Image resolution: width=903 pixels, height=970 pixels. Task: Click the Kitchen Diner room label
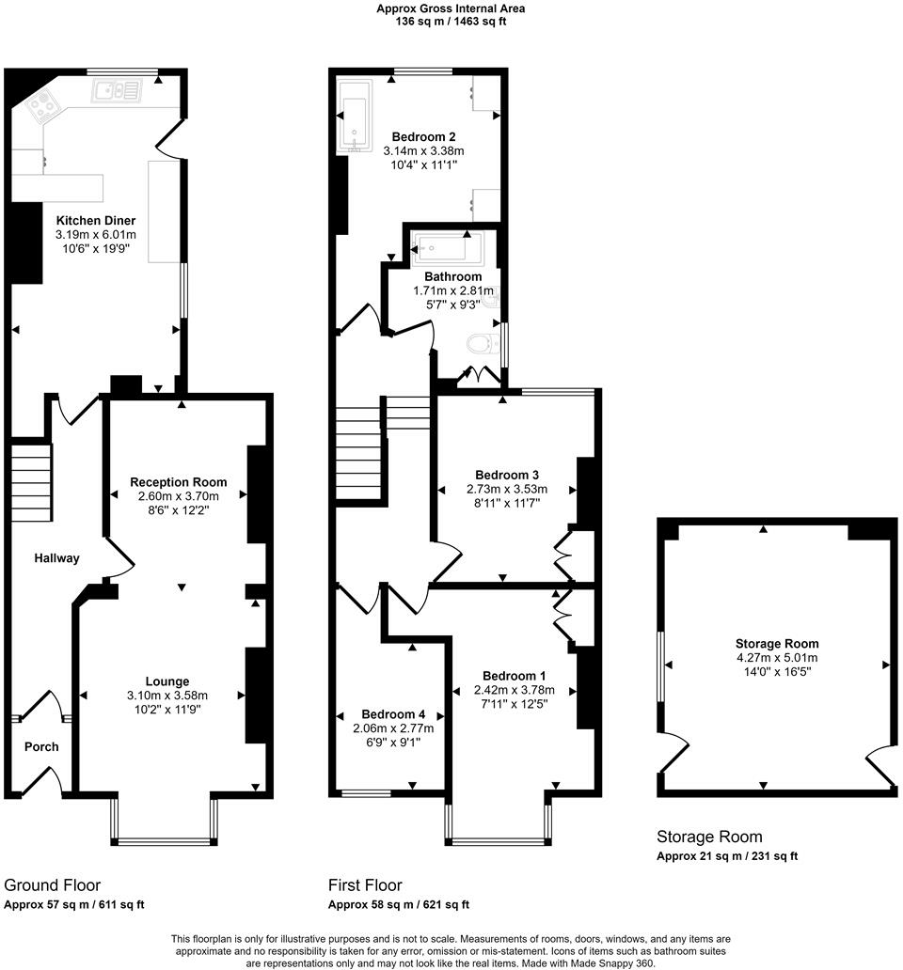point(95,220)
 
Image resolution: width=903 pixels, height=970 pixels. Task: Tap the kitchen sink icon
point(117,91)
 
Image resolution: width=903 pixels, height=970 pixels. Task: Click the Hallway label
point(56,558)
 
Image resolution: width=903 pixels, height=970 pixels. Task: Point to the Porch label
point(40,746)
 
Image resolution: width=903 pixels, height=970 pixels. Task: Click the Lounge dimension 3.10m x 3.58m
point(167,696)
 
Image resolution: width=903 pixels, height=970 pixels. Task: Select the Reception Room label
point(179,482)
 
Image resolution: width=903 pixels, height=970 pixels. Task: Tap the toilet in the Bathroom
point(482,344)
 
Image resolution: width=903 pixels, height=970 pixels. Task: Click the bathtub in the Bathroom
point(447,249)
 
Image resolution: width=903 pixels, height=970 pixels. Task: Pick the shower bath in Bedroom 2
point(356,122)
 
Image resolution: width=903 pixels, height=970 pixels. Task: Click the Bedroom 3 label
point(507,475)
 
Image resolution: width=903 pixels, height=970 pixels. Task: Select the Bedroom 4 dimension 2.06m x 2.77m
point(393,728)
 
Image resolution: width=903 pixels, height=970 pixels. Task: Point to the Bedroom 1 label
point(514,676)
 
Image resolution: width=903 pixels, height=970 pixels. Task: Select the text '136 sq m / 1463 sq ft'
point(451,21)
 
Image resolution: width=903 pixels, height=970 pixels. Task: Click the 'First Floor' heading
point(365,885)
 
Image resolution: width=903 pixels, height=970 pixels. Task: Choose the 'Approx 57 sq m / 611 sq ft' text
point(74,905)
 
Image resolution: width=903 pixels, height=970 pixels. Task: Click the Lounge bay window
point(164,839)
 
